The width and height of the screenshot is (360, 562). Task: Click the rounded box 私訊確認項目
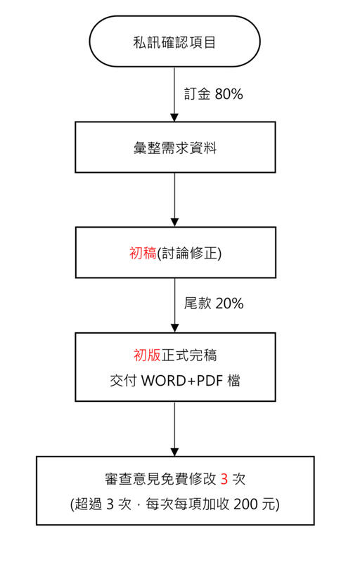point(174,41)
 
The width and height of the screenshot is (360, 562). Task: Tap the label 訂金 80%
point(213,94)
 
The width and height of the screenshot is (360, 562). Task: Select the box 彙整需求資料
point(175,148)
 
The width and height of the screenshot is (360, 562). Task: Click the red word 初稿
point(143,253)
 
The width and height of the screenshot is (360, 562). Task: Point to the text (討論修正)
point(189,254)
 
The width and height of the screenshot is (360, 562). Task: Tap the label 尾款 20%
point(214,303)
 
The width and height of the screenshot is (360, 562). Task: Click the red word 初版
point(147,355)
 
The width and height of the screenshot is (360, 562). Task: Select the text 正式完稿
point(189,355)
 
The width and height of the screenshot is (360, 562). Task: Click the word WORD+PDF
point(183,380)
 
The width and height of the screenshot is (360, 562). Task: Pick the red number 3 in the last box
point(224,479)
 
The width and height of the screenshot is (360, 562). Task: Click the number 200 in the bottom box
point(245,504)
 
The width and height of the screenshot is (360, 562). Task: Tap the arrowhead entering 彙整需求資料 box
point(174,117)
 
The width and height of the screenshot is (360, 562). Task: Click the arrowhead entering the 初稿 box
point(174,223)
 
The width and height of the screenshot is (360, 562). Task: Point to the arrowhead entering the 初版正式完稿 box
point(174,328)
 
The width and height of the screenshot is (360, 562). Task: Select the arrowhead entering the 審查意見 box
point(174,452)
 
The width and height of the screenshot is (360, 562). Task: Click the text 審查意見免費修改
point(160,479)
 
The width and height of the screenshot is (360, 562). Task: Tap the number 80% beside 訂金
point(229,94)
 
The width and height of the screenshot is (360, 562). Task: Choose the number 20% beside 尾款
point(229,303)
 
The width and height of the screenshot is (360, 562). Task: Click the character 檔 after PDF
point(233,380)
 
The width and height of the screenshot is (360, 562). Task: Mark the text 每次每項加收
point(188,504)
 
